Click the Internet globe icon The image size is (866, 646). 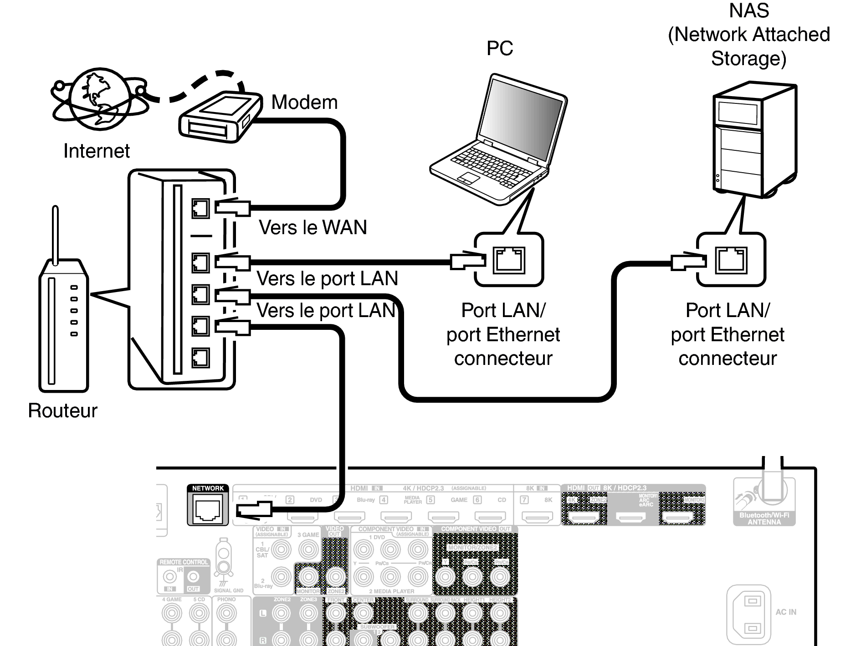(99, 99)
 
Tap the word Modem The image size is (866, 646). (304, 102)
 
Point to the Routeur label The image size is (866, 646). (62, 410)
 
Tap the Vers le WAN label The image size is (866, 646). (313, 227)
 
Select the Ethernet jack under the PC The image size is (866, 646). (509, 260)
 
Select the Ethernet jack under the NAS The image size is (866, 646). (731, 260)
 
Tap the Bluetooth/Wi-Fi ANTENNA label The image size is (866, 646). (764, 518)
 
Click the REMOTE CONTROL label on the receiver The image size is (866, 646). (184, 562)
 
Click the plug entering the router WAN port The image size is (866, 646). (232, 208)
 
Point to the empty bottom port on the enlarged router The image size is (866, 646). (200, 358)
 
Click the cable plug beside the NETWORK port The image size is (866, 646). (254, 509)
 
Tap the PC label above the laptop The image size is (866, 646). (499, 48)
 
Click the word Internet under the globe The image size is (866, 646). (96, 151)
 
